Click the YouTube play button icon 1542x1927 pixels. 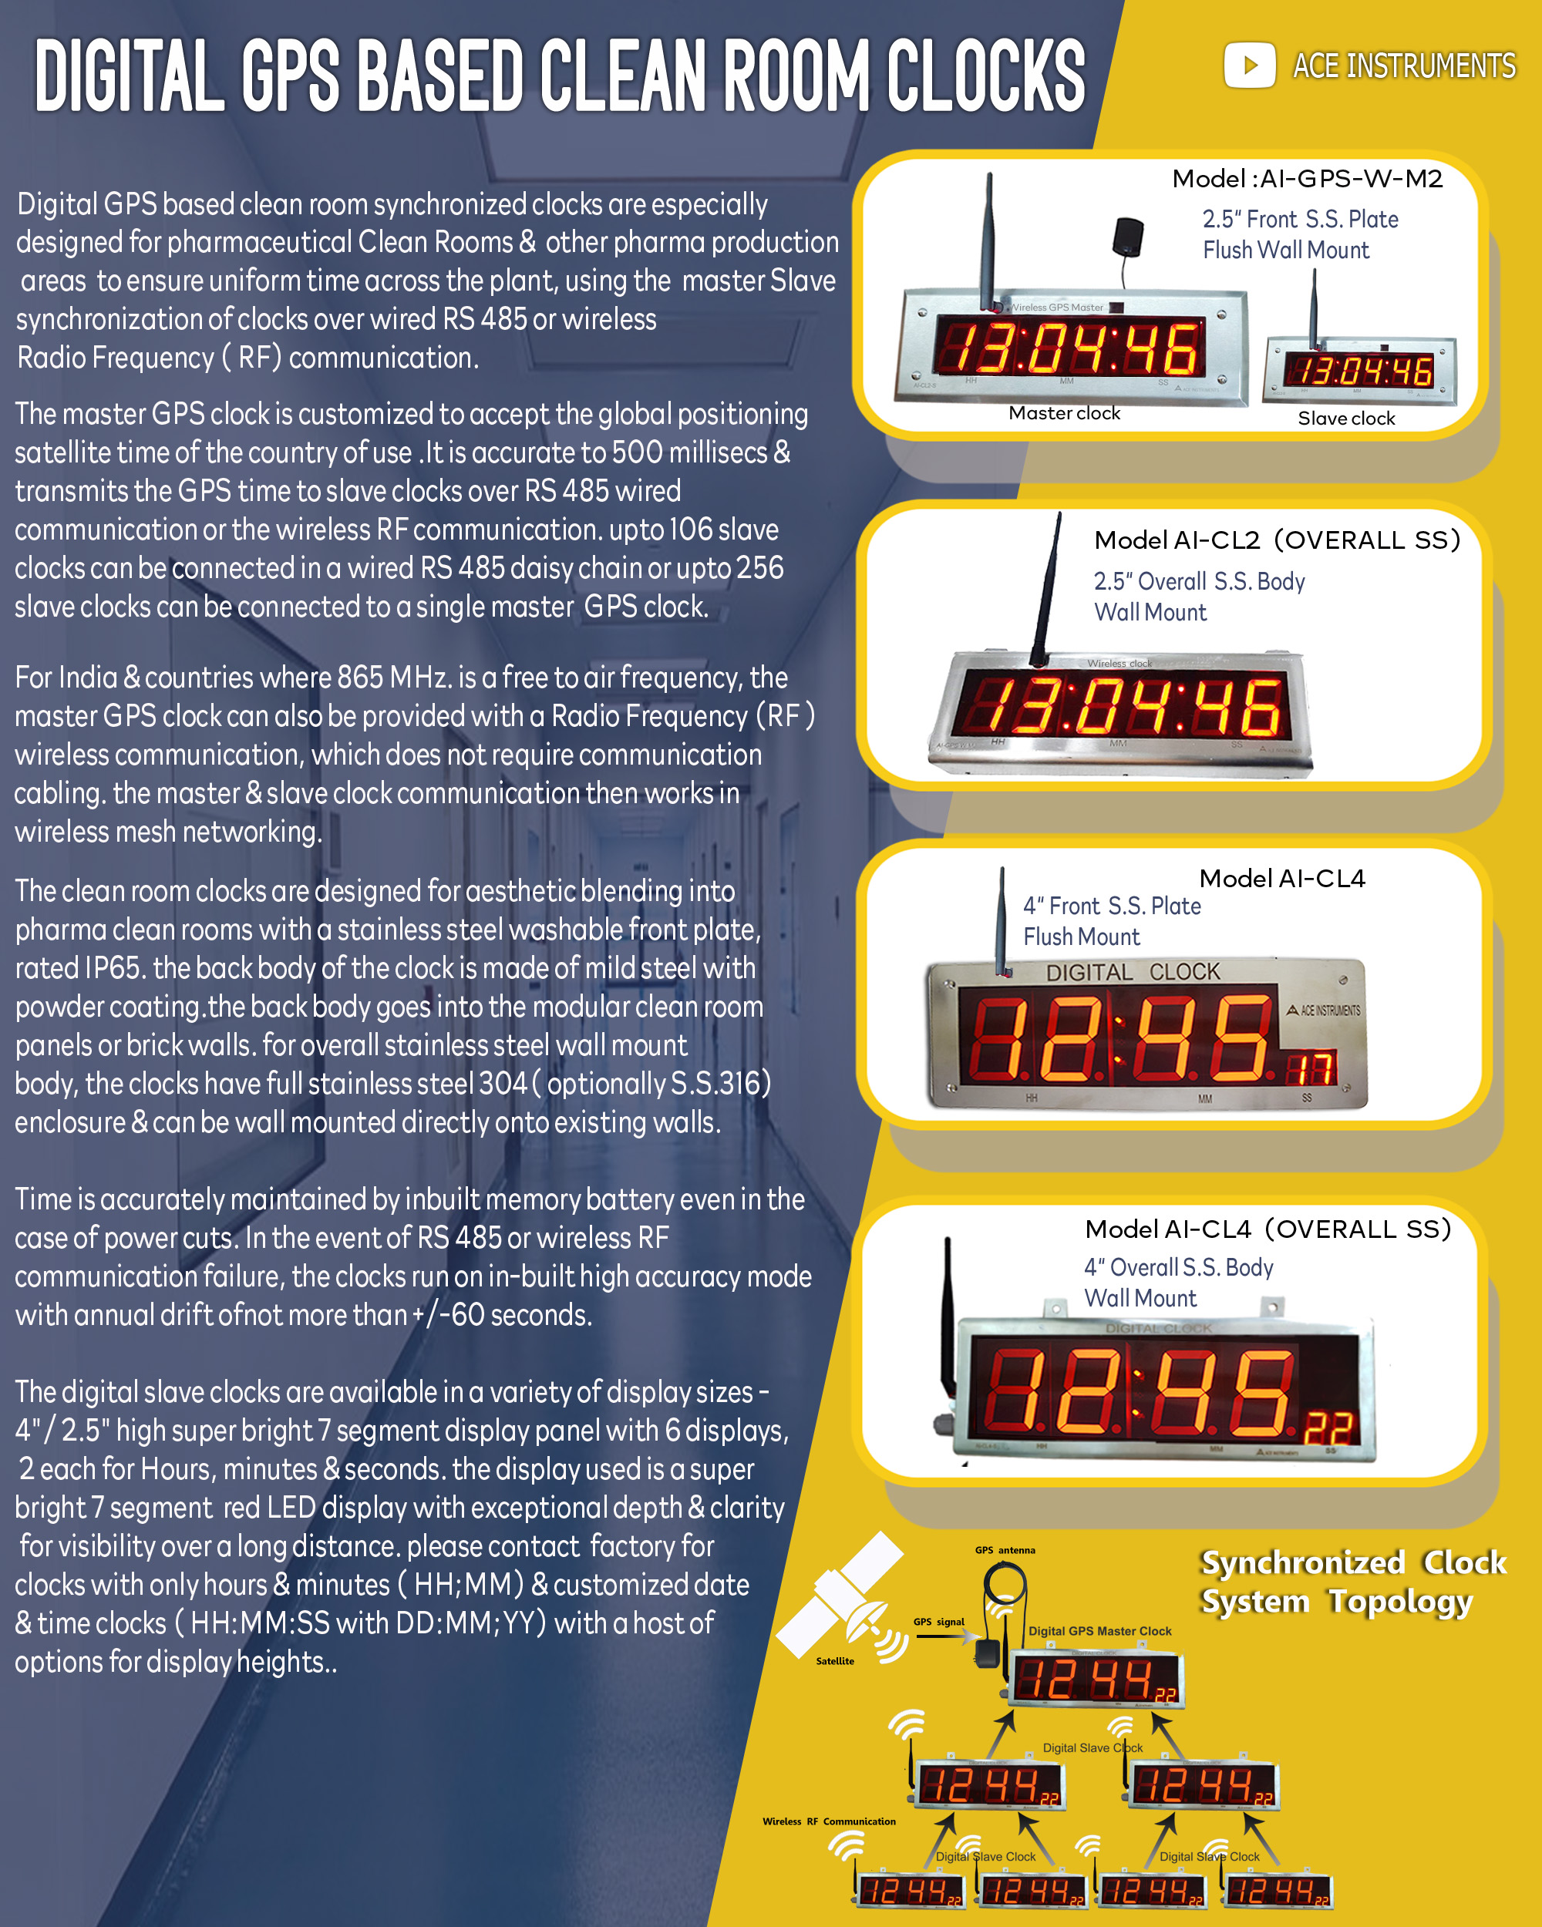click(1249, 66)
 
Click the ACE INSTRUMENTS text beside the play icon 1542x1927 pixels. click(1403, 66)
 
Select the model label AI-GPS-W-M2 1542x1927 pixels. click(1351, 179)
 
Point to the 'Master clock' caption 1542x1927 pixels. click(1064, 413)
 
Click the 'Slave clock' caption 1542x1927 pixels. click(1346, 419)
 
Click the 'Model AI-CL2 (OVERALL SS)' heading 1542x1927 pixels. click(1278, 540)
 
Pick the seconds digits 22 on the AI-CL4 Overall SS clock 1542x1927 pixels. click(1328, 1428)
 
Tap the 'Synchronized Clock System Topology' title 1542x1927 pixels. click(1353, 1582)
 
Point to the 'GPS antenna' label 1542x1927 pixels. click(1005, 1551)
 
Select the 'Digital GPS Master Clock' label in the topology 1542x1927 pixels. click(1099, 1631)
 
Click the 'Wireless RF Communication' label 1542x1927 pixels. click(829, 1821)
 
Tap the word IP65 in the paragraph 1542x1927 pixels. click(117, 968)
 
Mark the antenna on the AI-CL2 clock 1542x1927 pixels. click(1048, 590)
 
